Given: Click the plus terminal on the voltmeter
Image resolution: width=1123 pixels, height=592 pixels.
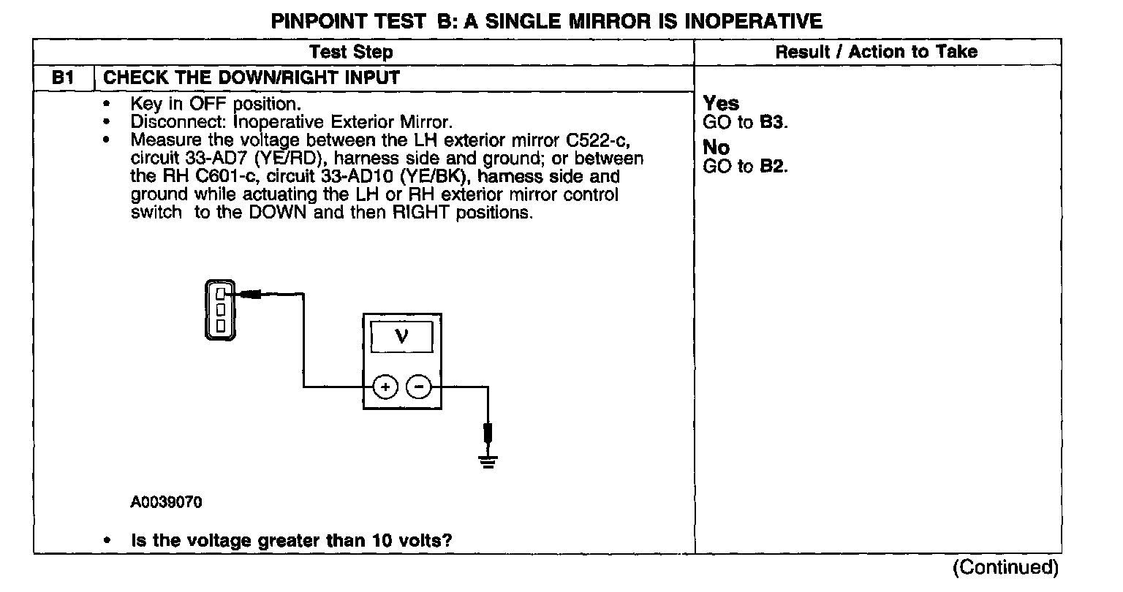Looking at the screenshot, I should click(385, 387).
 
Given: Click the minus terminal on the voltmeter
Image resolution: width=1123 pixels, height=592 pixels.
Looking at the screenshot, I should click(418, 387).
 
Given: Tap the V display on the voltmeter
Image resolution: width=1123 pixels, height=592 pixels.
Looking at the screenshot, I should click(401, 336).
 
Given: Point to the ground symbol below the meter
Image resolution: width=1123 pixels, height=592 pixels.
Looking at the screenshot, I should click(488, 460).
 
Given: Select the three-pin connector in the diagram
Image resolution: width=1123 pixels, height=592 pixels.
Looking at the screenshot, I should click(220, 309).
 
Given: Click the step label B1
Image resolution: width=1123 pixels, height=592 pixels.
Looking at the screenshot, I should click(64, 77).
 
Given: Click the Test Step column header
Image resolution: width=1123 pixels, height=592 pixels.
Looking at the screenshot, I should click(351, 52).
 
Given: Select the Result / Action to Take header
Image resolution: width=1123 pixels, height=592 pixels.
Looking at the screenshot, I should click(876, 52).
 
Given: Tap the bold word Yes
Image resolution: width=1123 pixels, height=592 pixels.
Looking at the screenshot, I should click(721, 104).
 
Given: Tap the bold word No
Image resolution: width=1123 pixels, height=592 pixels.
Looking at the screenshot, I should click(716, 148).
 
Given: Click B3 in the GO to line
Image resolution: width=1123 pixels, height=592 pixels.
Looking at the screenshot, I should click(773, 122).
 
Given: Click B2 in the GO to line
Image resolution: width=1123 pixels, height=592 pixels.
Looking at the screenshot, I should click(773, 167).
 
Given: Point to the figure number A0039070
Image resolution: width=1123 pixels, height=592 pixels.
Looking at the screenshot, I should click(167, 503).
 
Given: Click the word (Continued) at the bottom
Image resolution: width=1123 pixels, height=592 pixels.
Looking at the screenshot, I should click(1005, 567).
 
